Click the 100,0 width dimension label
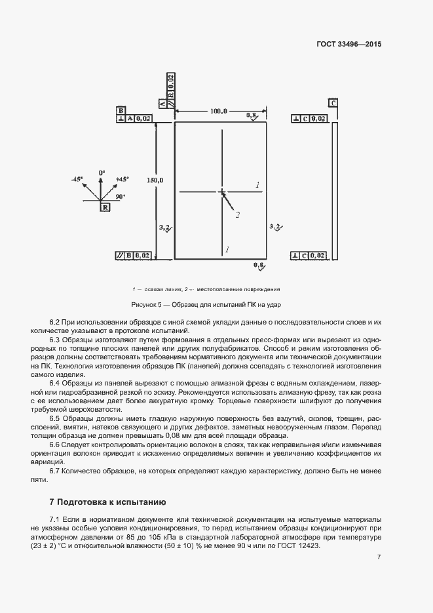click(219, 111)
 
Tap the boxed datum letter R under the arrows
click(105, 207)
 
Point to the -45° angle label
click(77, 179)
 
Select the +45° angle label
click(122, 179)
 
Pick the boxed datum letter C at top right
click(333, 103)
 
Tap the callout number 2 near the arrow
click(238, 214)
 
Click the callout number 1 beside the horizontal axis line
click(258, 186)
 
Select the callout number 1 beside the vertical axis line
click(227, 250)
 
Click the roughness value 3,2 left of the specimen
click(164, 227)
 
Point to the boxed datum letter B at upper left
click(121, 110)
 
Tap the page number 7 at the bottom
click(379, 557)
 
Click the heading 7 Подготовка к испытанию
click(108, 502)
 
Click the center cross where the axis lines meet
click(223, 192)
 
